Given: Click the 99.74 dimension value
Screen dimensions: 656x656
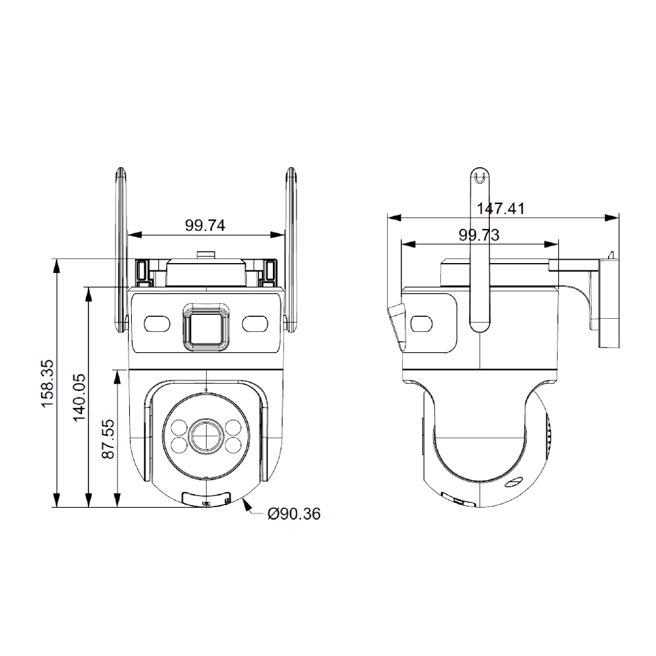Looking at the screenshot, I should [205, 226].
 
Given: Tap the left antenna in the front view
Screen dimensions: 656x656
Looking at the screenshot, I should [121, 249].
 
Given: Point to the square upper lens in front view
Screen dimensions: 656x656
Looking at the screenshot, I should [205, 325].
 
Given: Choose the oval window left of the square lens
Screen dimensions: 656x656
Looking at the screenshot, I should [156, 323].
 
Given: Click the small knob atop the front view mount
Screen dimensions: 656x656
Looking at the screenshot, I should [205, 255].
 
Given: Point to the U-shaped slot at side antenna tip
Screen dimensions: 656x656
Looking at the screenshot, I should [480, 176].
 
